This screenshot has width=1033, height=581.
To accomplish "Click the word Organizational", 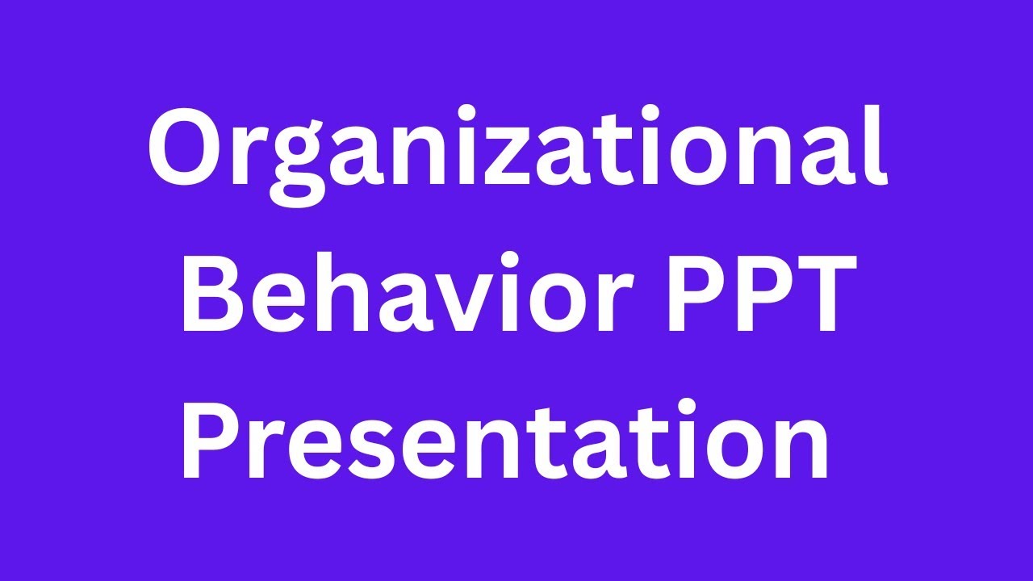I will (x=516, y=149).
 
